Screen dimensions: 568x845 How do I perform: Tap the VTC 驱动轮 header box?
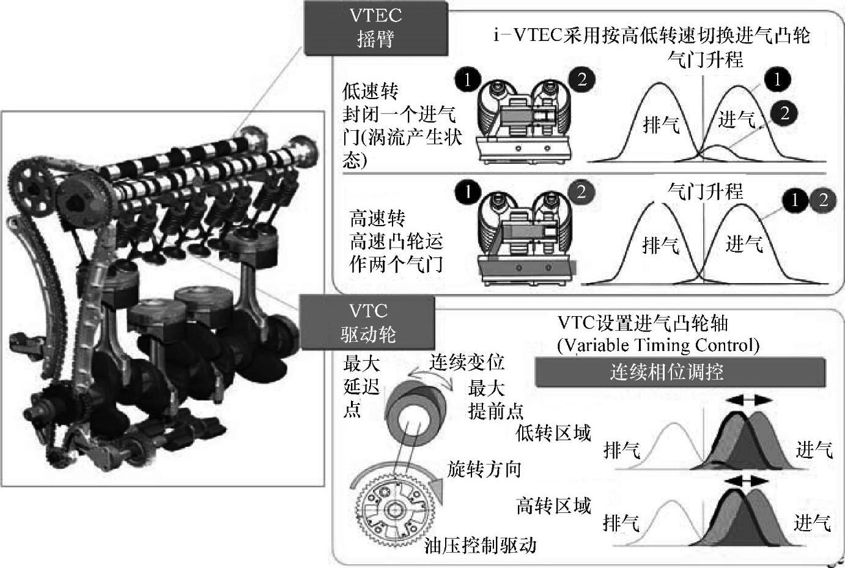click(368, 322)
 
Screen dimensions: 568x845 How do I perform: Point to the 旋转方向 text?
click(484, 469)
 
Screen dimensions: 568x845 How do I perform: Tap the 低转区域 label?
click(553, 433)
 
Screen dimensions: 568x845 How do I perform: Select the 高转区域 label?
click(553, 506)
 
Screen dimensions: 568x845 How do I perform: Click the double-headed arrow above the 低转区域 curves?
click(748, 400)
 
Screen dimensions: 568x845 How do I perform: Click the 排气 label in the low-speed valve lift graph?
click(661, 125)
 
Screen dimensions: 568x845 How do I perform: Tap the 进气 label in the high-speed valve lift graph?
click(744, 244)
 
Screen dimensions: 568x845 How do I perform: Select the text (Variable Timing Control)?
click(658, 345)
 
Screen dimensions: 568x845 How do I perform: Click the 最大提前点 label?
click(495, 399)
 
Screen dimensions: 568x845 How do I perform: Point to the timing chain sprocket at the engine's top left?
click(32, 183)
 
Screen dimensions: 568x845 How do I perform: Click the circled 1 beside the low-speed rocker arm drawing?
click(468, 79)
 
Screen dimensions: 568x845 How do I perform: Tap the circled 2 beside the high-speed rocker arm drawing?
click(581, 192)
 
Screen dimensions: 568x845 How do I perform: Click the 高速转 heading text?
click(377, 218)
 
